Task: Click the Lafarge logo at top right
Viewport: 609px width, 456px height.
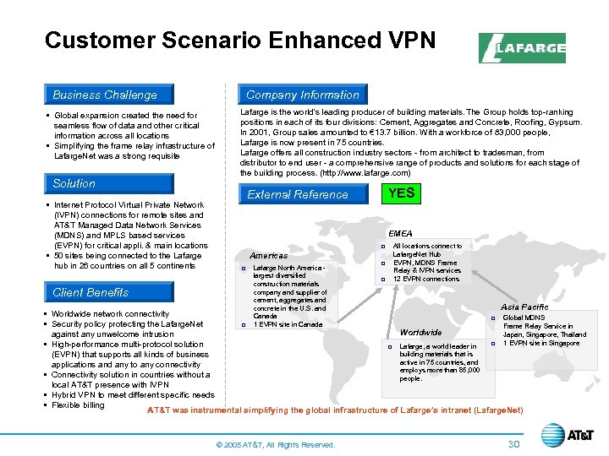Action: click(x=522, y=48)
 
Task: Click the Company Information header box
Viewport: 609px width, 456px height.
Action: click(x=302, y=95)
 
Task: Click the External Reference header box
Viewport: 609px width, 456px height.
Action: click(x=298, y=194)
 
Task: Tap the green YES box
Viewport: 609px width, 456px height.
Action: click(x=401, y=193)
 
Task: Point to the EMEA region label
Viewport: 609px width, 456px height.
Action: click(x=400, y=233)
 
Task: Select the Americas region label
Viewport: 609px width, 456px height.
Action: click(x=269, y=256)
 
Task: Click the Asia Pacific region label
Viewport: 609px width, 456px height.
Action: click(x=524, y=307)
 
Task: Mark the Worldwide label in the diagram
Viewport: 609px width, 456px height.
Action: click(x=420, y=332)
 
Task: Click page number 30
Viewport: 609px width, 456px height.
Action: click(x=513, y=444)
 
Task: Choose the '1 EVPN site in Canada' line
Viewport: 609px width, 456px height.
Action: click(x=288, y=325)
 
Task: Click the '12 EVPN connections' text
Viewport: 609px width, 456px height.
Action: click(x=426, y=279)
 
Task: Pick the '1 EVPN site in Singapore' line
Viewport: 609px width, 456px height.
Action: click(x=541, y=343)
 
